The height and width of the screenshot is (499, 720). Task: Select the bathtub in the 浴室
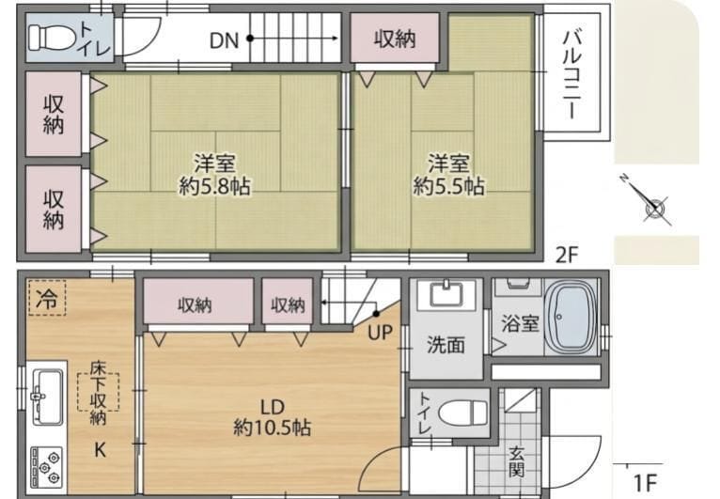(573, 319)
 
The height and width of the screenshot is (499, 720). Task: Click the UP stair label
(381, 333)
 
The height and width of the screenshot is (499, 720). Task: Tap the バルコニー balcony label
(571, 74)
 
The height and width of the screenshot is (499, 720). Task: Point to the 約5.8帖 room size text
(215, 186)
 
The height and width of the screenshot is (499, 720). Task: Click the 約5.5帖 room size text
(449, 186)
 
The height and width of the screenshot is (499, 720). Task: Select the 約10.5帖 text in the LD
(273, 429)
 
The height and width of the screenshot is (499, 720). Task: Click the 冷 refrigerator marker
(46, 300)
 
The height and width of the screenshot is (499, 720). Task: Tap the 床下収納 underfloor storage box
(98, 398)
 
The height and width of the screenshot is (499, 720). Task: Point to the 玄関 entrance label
(517, 460)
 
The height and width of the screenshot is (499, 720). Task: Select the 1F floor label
(645, 483)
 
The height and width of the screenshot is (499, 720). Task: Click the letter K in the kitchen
(100, 449)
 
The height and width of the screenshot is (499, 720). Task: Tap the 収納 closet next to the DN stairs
(394, 39)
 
